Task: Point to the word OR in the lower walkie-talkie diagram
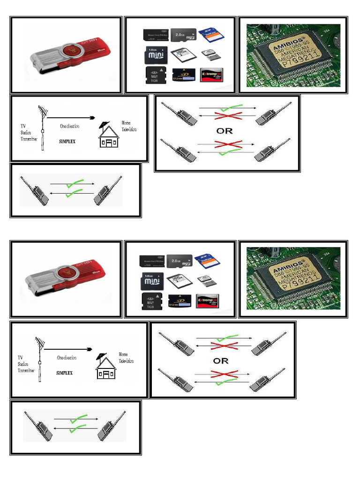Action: (x=221, y=361)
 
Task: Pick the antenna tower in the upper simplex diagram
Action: (x=42, y=127)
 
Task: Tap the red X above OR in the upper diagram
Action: (x=227, y=116)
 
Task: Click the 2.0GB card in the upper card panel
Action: (x=183, y=36)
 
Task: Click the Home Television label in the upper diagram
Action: (x=128, y=126)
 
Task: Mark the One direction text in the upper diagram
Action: (x=69, y=126)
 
